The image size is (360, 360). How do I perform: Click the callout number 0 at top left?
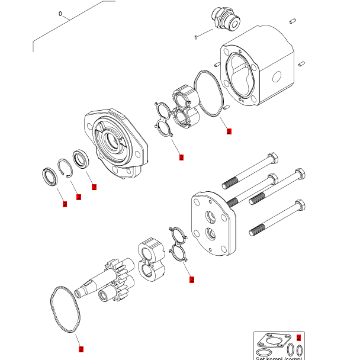60,13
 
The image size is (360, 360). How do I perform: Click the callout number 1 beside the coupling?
195,37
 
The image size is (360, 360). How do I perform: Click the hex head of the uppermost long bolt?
272,159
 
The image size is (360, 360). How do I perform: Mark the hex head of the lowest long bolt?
300,207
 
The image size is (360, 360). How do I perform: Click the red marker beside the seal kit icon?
298,337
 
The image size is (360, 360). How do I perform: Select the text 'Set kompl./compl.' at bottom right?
278,358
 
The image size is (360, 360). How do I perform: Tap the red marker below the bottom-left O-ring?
81,349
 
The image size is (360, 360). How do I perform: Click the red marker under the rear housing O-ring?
229,131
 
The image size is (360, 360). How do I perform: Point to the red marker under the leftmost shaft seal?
65,204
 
